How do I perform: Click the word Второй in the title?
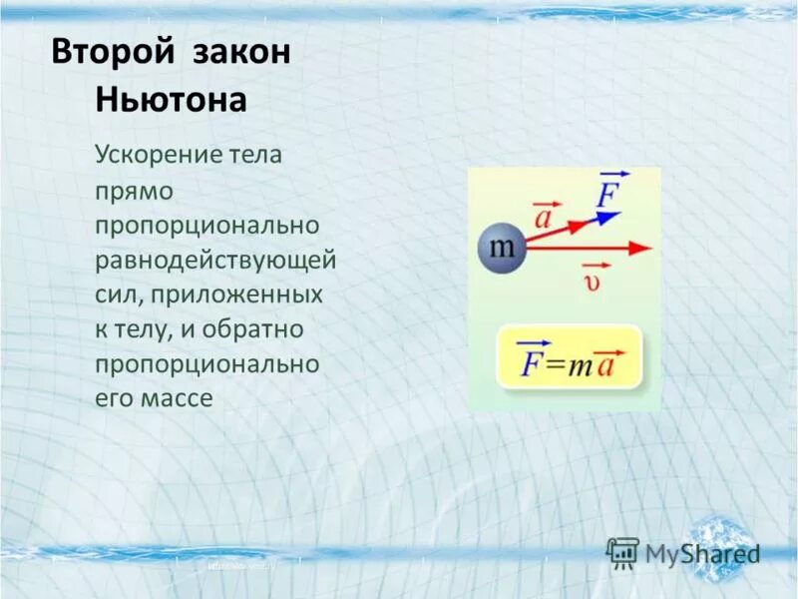point(109,53)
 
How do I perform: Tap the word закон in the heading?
point(236,53)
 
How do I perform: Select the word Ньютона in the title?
point(171,102)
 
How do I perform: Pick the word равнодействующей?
point(215,260)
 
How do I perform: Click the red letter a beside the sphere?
point(544,216)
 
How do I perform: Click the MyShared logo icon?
point(622,552)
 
